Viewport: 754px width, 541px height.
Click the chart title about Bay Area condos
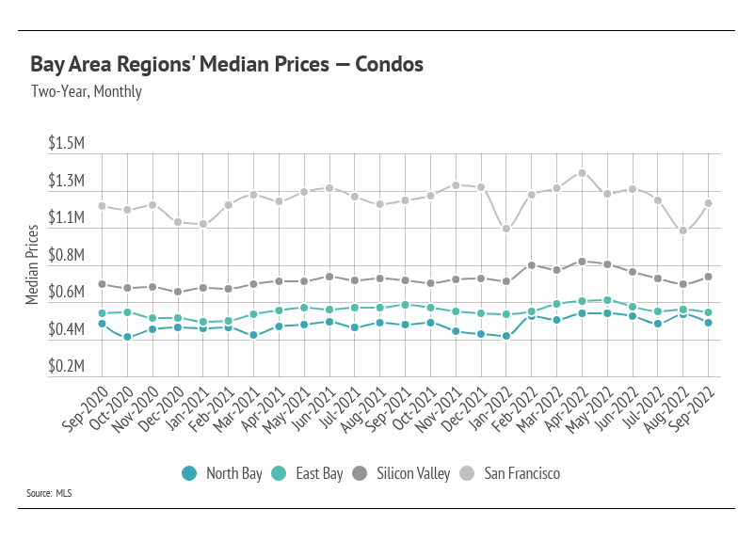[x=226, y=65]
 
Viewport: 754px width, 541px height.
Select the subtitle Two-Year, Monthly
[x=86, y=92]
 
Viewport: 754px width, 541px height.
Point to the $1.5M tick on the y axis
[x=67, y=144]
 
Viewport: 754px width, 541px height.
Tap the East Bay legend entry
[x=309, y=473]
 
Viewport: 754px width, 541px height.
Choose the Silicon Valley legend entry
[x=407, y=473]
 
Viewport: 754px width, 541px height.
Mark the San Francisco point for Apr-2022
[x=582, y=173]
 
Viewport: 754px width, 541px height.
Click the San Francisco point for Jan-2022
[x=506, y=229]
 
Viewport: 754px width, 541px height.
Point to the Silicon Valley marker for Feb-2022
[x=532, y=265]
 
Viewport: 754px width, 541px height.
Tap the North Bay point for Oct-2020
[x=127, y=337]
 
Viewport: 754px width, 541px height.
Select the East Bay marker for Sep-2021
[x=405, y=305]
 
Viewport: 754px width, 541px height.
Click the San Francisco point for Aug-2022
[x=683, y=231]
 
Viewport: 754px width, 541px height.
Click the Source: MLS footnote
[x=51, y=493]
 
